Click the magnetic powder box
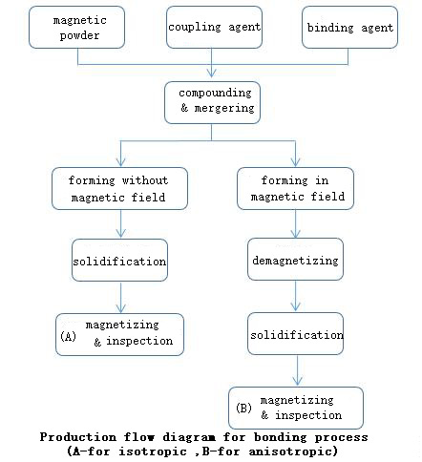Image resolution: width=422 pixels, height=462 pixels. [x=76, y=28]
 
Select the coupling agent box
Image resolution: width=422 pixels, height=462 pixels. [x=214, y=28]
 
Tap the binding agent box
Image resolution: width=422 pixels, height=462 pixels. [x=349, y=28]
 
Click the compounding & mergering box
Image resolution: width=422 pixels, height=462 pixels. [x=212, y=102]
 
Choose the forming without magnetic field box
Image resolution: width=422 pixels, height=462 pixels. [x=119, y=188]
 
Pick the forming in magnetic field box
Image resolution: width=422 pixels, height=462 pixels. [x=295, y=188]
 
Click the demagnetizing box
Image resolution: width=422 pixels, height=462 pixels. [x=295, y=260]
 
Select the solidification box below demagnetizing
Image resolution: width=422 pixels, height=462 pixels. [x=295, y=333]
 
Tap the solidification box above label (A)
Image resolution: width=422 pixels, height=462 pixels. [x=119, y=261]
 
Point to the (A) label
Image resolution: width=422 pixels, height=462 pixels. [x=68, y=336]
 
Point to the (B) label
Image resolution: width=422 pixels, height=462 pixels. [x=243, y=408]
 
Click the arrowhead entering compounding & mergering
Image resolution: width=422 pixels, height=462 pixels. [x=212, y=73]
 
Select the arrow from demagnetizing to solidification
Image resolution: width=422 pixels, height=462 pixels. [x=296, y=296]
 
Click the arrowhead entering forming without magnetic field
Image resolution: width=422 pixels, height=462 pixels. [x=120, y=162]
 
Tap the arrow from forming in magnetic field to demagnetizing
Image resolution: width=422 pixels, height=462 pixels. [x=296, y=224]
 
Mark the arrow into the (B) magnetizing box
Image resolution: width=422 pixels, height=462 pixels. [x=297, y=370]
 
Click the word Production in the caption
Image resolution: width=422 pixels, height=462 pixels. [x=78, y=437]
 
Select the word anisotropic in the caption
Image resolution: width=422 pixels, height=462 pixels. [x=293, y=451]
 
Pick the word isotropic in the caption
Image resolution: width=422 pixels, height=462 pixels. [x=153, y=451]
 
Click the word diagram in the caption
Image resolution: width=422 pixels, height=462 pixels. [x=189, y=438]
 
